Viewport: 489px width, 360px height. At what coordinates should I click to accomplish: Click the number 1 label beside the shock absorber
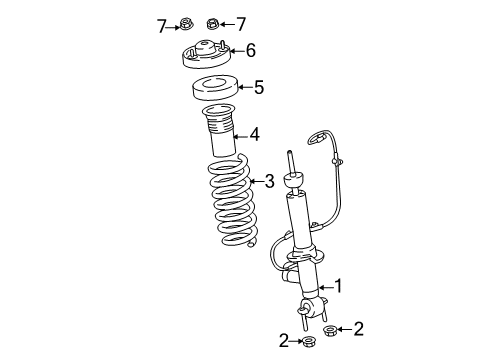pos(338,287)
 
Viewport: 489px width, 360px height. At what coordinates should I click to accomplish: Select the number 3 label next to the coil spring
pos(268,181)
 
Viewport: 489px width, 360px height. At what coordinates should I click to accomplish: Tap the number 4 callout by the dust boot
pos(254,133)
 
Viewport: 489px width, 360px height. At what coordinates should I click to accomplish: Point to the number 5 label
pos(258,88)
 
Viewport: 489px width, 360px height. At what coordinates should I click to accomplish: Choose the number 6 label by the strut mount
pos(250,49)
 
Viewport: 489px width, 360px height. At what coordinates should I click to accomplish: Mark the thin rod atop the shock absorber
pos(291,164)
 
